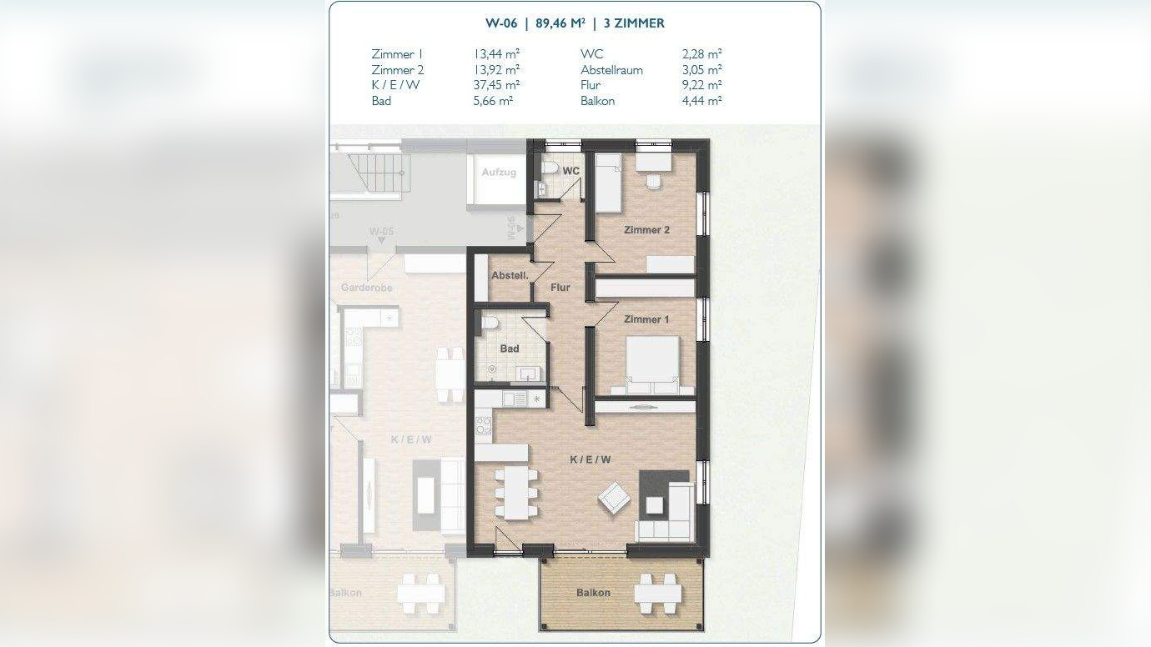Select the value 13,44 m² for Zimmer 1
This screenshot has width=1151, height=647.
pos(496,54)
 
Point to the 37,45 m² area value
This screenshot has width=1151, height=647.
pos(496,85)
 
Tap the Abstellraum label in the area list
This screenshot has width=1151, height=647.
pos(611,70)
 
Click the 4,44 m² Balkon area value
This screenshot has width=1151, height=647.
pos(701,101)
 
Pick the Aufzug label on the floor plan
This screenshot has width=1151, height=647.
pos(499,173)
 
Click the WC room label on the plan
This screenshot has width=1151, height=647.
pos(571,171)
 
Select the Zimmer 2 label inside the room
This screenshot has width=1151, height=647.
pos(646,230)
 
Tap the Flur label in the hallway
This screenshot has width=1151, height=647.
pos(560,288)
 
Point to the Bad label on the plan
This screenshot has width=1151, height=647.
pos(510,349)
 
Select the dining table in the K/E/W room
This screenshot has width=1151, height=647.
pos(516,491)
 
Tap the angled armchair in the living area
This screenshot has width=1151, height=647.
pos(614,498)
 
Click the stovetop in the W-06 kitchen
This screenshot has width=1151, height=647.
pos(483,425)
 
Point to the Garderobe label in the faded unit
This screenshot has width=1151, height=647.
pos(366,288)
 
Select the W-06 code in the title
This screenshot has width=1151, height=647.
pos(500,23)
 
